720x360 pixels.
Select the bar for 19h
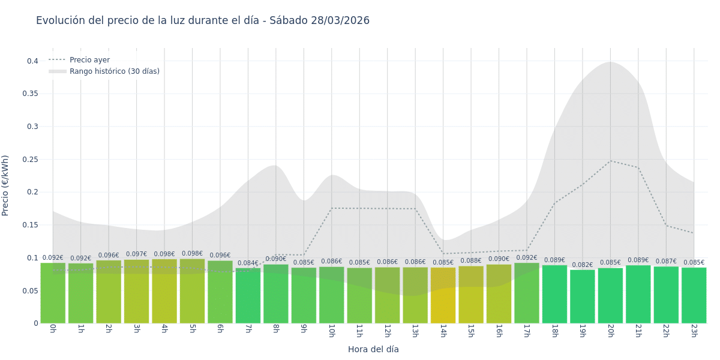coord(582,296)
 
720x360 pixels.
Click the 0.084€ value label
coord(248,263)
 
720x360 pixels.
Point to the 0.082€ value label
coord(582,265)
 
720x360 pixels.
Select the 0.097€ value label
coord(136,254)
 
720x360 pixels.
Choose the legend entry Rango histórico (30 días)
coord(114,71)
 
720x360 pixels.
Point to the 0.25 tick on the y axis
coord(30,160)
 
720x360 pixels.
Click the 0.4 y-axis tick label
coord(32,61)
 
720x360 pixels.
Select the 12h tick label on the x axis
coord(387,331)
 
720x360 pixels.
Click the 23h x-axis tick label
coord(694,331)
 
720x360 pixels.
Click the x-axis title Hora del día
coord(373,349)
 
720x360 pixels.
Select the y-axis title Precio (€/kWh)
coord(5,185)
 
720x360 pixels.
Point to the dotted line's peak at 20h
coord(610,161)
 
